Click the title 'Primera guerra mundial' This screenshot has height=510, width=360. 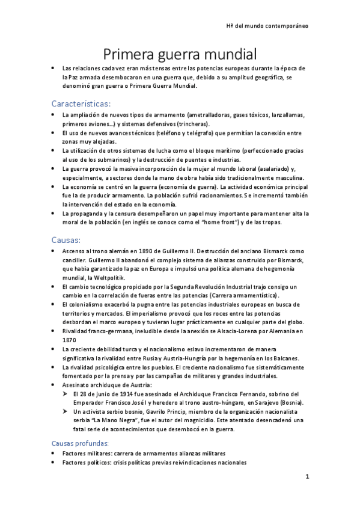[180, 54]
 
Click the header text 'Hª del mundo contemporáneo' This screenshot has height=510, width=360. [267, 26]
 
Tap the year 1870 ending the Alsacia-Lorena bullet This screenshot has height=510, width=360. [70, 339]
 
